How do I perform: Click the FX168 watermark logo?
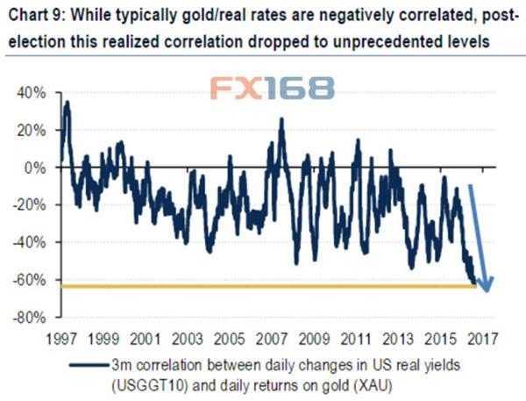(272, 89)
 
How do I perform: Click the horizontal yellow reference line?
(263, 286)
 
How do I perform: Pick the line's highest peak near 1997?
(67, 103)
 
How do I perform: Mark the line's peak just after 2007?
(281, 118)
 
